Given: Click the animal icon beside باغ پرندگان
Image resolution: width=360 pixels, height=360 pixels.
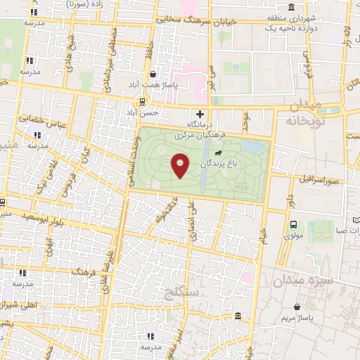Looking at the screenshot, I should coord(219,153).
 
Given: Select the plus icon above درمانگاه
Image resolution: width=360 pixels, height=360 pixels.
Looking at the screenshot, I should coord(200,114).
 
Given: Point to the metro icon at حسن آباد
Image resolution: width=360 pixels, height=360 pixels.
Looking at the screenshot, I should coord(143,101).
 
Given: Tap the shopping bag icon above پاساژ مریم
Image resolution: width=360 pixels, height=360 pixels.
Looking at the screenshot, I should coord(298,307).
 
